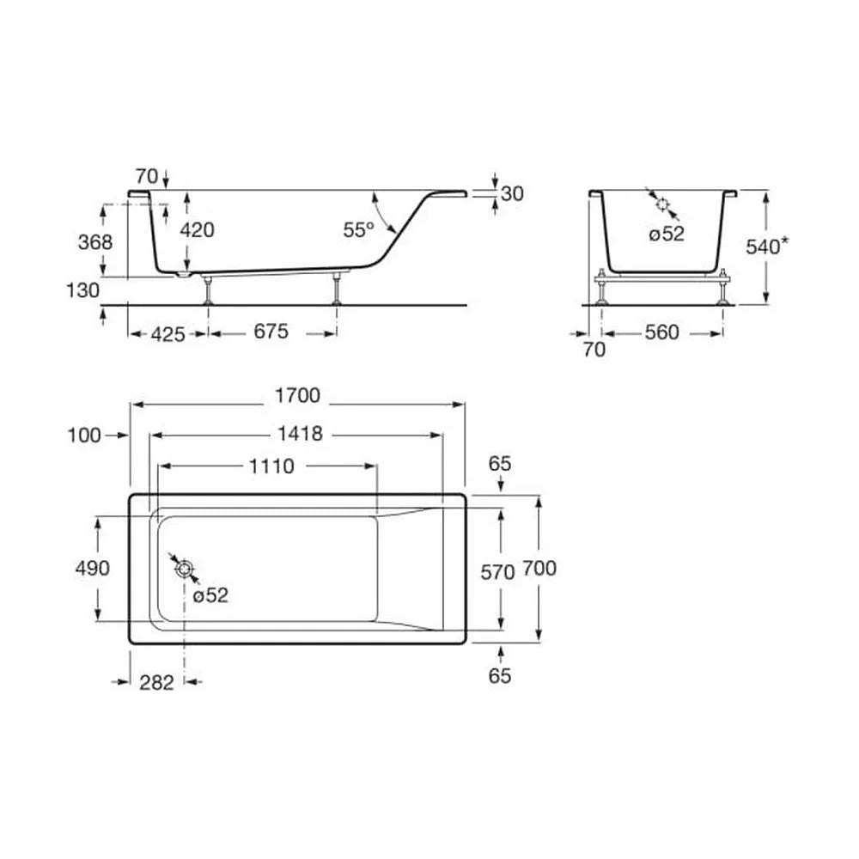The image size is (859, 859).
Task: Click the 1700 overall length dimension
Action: [297, 395]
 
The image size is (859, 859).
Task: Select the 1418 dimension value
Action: [300, 434]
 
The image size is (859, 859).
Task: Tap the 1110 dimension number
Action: [271, 466]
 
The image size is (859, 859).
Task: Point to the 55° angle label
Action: [358, 230]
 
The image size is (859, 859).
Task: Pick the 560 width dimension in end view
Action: [661, 332]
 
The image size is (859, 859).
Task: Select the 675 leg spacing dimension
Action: [271, 332]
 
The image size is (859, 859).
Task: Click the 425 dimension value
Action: [168, 334]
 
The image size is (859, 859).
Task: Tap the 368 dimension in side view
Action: [95, 241]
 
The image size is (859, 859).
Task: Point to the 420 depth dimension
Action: [198, 230]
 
